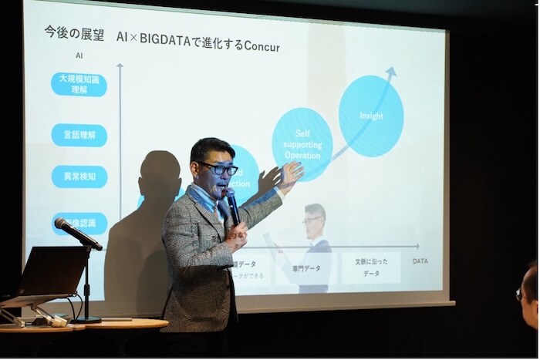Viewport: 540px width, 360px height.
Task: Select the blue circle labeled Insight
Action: tap(371, 116)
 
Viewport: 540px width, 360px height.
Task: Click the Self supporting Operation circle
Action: tap(302, 144)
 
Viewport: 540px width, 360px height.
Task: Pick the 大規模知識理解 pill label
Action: tap(79, 84)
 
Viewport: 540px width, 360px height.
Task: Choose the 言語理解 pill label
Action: tap(79, 136)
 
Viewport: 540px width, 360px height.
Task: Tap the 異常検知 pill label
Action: tap(79, 177)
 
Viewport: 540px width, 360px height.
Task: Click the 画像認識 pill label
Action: tap(79, 224)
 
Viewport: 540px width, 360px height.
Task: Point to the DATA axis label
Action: tap(420, 261)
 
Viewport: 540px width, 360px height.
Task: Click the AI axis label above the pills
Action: tap(79, 56)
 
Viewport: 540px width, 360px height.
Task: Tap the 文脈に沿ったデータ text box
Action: tap(371, 267)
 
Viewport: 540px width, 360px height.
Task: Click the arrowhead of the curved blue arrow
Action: tap(391, 72)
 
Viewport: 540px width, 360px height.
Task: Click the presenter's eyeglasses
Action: tap(221, 168)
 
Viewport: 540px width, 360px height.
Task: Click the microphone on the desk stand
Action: tap(77, 234)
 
